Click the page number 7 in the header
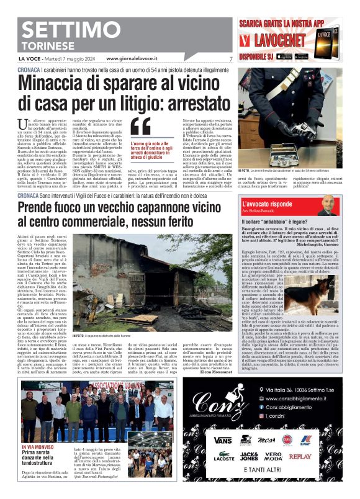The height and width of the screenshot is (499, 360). [230, 59]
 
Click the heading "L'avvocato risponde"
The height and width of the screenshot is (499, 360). [267, 202]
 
